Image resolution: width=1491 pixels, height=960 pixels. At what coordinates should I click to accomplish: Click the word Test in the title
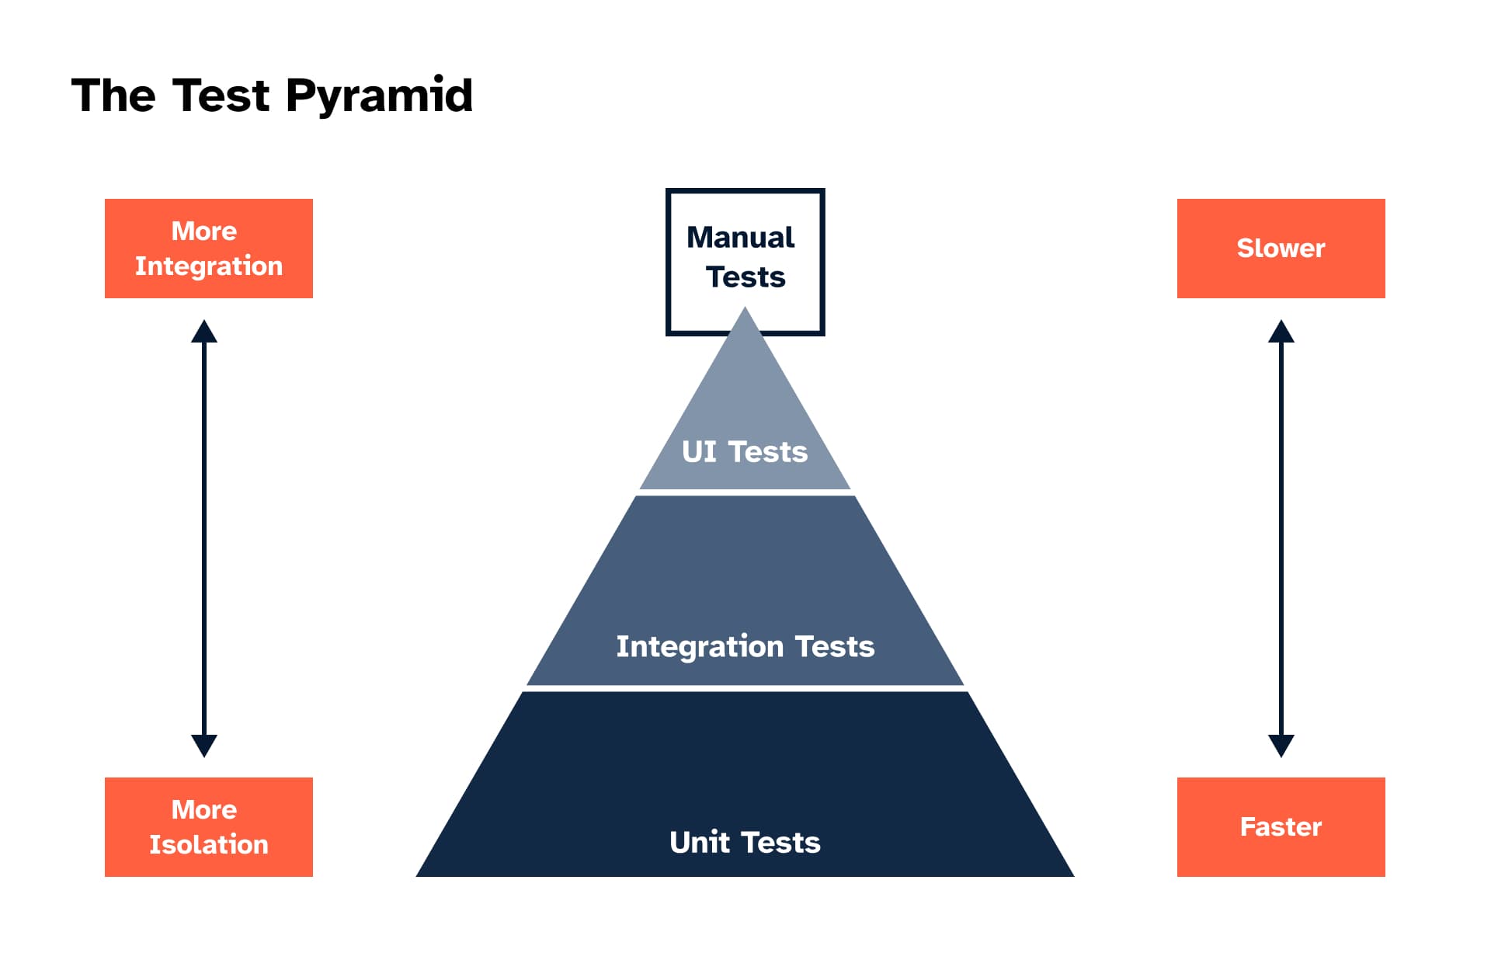tap(221, 96)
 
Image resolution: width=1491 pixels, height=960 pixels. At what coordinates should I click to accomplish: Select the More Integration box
tap(209, 249)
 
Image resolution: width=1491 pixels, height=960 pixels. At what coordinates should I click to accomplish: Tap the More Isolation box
tap(209, 827)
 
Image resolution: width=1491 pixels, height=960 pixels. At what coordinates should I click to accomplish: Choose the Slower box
tap(1281, 249)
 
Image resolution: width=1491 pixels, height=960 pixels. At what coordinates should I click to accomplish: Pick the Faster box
tap(1281, 827)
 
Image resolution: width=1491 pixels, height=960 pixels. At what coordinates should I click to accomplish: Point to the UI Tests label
tap(745, 451)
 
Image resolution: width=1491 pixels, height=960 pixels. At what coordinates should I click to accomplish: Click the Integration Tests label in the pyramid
tap(745, 647)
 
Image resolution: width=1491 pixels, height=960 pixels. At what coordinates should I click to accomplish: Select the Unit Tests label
tap(745, 842)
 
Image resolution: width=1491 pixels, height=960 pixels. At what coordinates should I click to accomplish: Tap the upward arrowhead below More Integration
tap(204, 332)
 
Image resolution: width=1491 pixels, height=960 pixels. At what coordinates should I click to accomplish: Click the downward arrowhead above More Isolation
tap(204, 746)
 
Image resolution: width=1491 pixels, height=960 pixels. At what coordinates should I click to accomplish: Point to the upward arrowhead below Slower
tap(1281, 332)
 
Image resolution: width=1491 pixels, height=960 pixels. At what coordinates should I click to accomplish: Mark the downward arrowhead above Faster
tap(1281, 746)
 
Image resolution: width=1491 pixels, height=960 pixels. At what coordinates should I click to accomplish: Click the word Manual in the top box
tap(741, 237)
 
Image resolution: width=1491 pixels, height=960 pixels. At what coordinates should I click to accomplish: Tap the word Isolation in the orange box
tap(209, 844)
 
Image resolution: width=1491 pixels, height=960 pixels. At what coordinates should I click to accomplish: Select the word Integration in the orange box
tap(209, 266)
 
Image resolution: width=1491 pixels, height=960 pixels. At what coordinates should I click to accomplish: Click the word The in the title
tap(113, 96)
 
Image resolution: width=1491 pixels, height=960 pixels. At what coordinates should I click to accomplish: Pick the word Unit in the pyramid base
tap(700, 842)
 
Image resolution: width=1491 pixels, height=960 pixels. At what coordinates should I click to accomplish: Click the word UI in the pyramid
tap(699, 451)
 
